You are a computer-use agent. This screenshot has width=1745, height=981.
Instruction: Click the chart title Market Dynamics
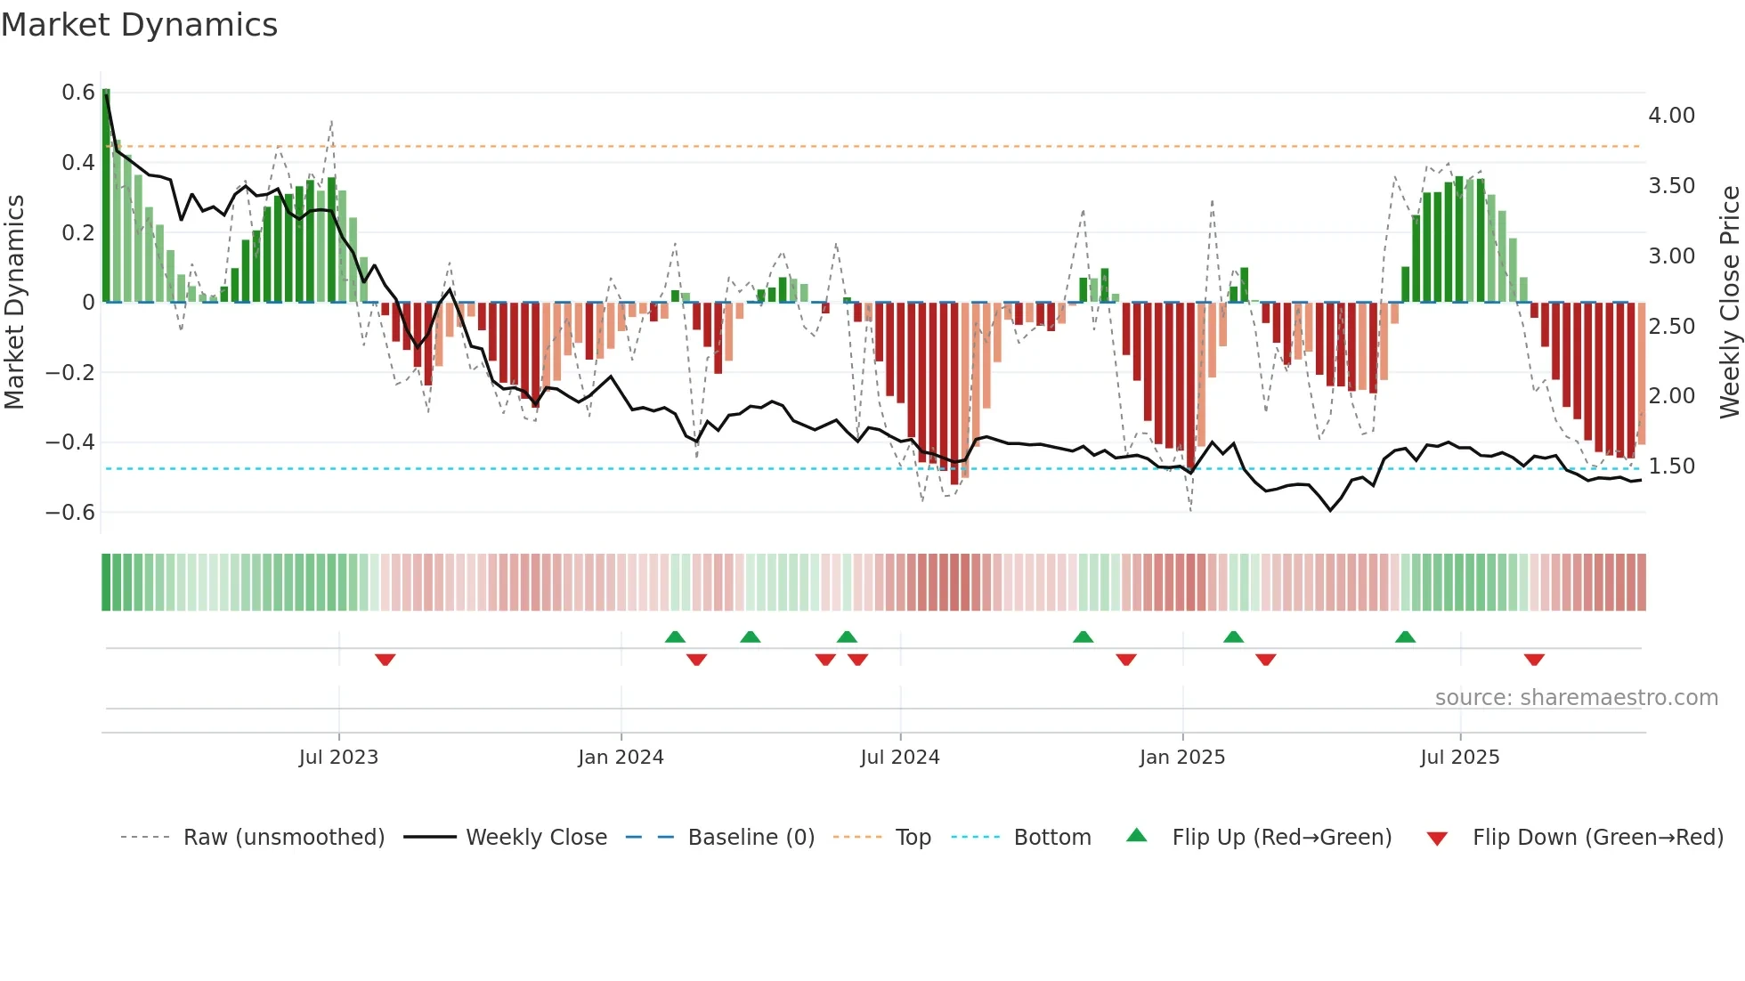[139, 25]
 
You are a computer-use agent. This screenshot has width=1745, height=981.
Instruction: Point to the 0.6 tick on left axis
[78, 93]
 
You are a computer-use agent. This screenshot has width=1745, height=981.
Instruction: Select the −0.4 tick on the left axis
[70, 442]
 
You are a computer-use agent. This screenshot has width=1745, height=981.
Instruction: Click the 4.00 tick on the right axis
[1671, 116]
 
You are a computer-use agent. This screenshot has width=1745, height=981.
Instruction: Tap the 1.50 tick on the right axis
[1671, 466]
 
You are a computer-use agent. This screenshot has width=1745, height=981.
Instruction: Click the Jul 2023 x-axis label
[338, 758]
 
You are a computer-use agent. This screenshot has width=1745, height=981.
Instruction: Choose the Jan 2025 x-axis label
[1181, 758]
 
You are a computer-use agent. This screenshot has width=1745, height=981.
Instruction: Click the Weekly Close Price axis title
[1729, 303]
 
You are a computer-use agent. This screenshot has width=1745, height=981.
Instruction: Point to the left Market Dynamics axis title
[14, 303]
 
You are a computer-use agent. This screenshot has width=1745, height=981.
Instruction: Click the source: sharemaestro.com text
[1576, 698]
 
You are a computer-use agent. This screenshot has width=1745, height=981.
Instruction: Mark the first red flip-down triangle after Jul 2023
[385, 660]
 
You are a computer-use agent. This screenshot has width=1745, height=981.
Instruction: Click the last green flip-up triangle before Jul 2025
[1405, 636]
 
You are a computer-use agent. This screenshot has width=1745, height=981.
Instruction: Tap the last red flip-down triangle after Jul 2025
[1533, 660]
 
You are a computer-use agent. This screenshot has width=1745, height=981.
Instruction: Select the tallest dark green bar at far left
[106, 196]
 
